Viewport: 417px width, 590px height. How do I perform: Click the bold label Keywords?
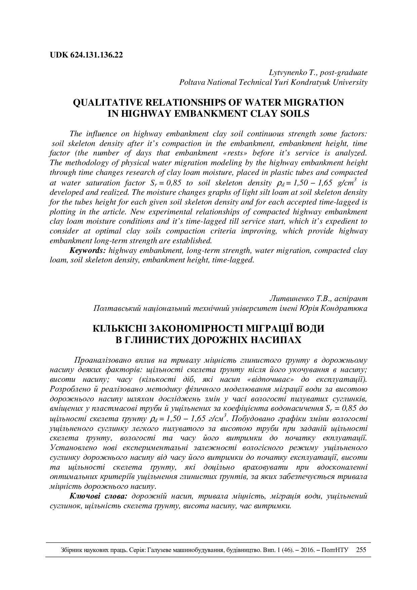pos(88,251)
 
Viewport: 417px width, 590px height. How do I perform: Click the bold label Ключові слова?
pos(98,496)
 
